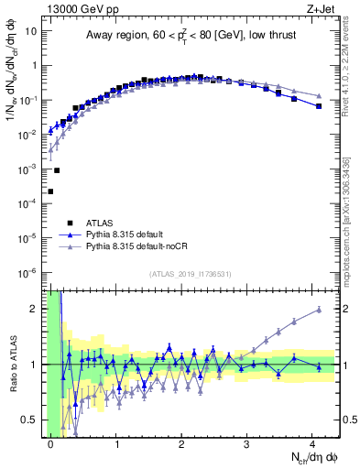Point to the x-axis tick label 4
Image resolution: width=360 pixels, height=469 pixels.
pyautogui.click(x=313, y=443)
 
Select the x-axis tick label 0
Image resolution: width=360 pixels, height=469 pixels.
pyautogui.click(x=51, y=443)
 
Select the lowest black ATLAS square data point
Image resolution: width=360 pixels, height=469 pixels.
pyautogui.click(x=50, y=191)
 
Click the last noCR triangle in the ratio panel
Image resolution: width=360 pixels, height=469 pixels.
pyautogui.click(x=319, y=310)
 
